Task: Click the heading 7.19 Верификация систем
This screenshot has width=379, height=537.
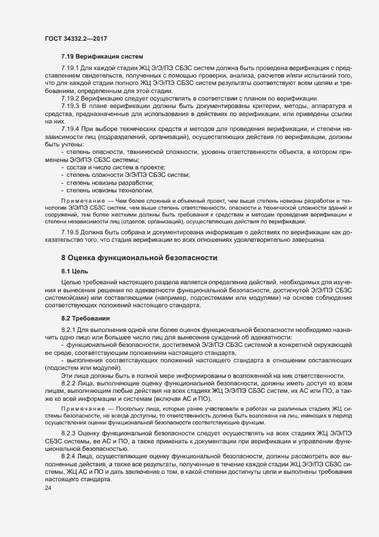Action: [101, 57]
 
